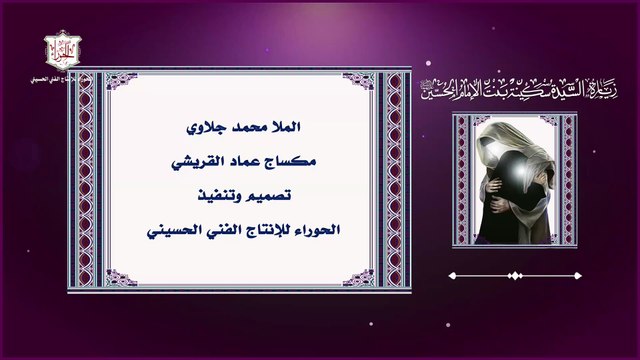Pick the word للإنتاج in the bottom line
click(x=263, y=230)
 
